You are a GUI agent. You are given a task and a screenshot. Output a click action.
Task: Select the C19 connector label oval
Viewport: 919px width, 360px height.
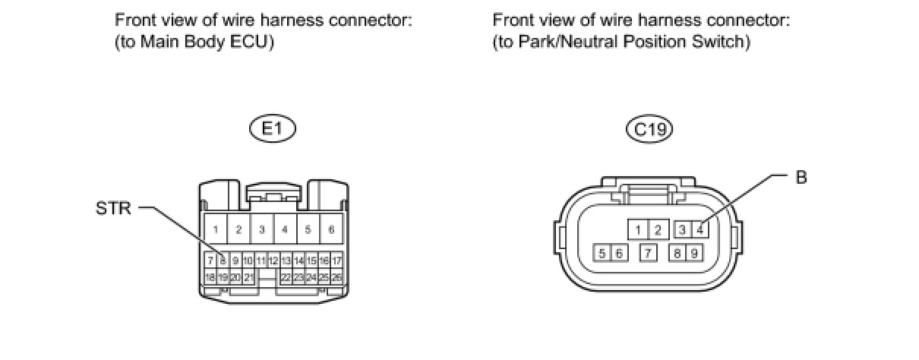pos(650,130)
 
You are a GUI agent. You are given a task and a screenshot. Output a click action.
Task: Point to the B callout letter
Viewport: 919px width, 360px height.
pos(801,177)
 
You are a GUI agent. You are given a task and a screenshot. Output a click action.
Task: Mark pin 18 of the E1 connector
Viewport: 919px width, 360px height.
pos(210,277)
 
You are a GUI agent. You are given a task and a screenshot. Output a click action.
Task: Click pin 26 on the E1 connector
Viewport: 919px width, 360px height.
pos(336,277)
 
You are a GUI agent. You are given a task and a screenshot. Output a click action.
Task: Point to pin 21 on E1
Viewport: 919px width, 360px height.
pos(248,277)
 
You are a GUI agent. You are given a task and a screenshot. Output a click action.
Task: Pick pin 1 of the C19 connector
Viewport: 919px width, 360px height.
pos(640,229)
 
